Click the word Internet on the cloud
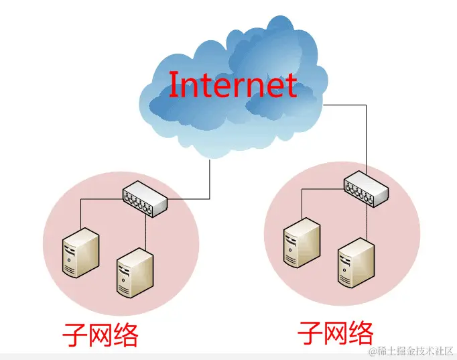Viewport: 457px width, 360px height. pyautogui.click(x=232, y=85)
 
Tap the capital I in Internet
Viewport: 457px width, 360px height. pyautogui.click(x=173, y=85)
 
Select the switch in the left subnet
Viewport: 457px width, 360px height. pyautogui.click(x=144, y=199)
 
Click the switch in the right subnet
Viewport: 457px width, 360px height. pyautogui.click(x=366, y=188)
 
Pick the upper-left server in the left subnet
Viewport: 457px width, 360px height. pyautogui.click(x=80, y=251)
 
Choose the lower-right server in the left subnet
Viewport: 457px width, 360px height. pyautogui.click(x=134, y=272)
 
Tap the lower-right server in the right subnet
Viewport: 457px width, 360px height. pyautogui.click(x=355, y=262)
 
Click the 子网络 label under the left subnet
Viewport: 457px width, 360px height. pyautogui.click(x=101, y=334)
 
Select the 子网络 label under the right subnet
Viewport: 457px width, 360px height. pyautogui.click(x=335, y=331)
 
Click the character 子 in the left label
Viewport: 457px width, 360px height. pyautogui.click(x=74, y=334)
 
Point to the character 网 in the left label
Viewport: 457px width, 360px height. pyautogui.click(x=101, y=334)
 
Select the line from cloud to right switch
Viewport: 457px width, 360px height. pyautogui.click(x=366, y=134)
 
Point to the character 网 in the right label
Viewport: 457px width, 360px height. pyautogui.click(x=335, y=331)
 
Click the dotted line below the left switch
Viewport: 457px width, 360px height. pyautogui.click(x=145, y=231)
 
